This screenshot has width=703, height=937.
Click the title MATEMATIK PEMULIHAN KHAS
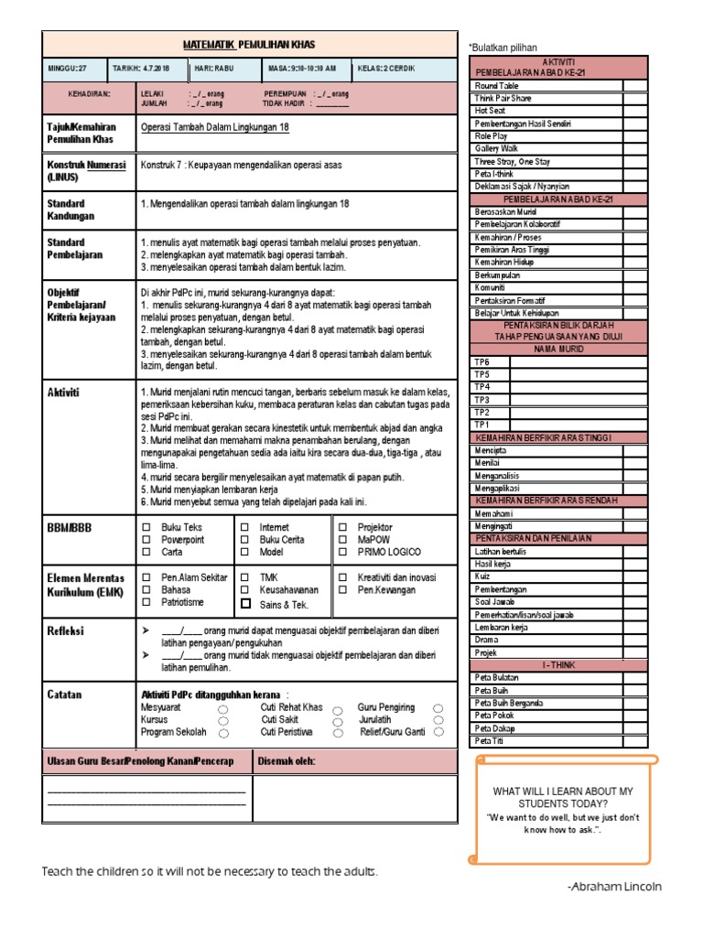coord(249,44)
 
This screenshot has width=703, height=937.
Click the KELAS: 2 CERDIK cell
coord(404,69)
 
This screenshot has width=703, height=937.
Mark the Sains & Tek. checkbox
coord(244,604)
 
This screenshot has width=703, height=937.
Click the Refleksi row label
coord(66,631)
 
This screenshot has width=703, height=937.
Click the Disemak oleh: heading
coord(288,761)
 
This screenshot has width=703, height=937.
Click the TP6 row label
coord(481,362)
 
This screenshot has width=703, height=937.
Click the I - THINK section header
coord(558,665)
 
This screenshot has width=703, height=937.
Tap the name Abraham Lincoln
coord(615,887)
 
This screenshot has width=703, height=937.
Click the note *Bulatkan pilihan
coord(503,48)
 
